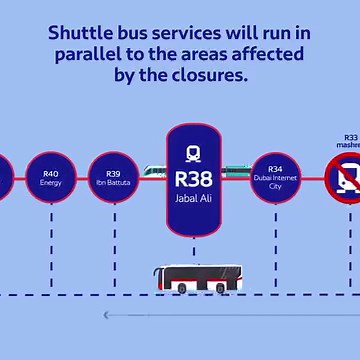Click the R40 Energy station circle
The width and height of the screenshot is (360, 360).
(x=51, y=177)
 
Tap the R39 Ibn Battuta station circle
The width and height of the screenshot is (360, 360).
(x=113, y=177)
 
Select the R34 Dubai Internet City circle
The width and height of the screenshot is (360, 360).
(x=275, y=177)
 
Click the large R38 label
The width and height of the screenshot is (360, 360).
(x=194, y=181)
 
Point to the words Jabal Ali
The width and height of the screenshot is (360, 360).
(x=194, y=199)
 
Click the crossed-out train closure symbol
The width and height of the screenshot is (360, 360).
(x=346, y=177)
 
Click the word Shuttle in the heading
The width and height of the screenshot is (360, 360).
(x=82, y=32)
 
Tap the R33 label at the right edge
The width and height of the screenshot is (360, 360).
(x=350, y=137)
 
